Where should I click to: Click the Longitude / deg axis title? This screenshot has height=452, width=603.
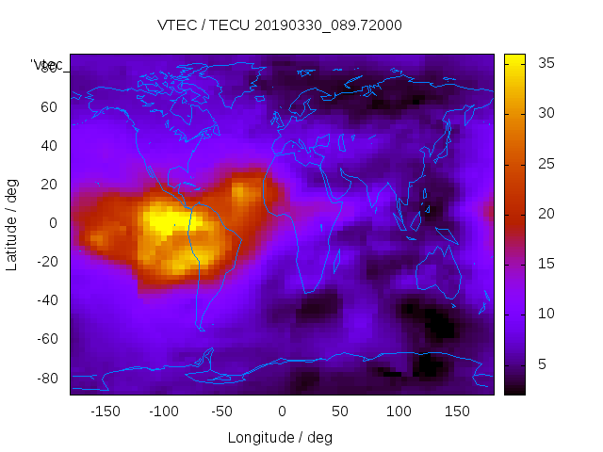(280, 437)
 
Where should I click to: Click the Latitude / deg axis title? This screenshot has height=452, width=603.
(12, 223)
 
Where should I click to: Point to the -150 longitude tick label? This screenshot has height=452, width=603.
(105, 411)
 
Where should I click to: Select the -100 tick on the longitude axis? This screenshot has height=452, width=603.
(164, 411)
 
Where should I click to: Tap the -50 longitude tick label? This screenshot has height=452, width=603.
(222, 411)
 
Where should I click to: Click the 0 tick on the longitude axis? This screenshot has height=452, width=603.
(281, 411)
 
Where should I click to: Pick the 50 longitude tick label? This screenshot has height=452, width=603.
(340, 411)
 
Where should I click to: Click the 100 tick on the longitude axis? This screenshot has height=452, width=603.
(399, 411)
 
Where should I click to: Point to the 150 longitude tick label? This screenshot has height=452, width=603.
(457, 411)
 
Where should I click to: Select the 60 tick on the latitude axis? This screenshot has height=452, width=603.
(48, 106)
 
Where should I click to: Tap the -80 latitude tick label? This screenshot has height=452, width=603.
(46, 378)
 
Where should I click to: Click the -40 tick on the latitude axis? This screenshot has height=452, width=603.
(46, 300)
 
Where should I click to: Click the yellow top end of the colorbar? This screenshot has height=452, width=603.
(514, 58)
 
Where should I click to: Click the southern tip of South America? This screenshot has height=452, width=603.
(202, 329)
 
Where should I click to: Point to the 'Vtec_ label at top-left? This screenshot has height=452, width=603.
(47, 64)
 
